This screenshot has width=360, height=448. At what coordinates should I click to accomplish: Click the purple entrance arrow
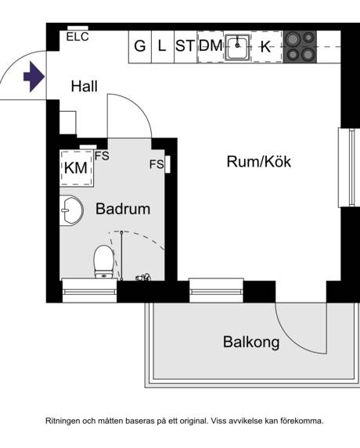tap(34, 77)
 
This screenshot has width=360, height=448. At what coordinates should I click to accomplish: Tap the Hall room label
tap(85, 87)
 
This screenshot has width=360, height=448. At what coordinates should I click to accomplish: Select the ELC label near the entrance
tap(77, 36)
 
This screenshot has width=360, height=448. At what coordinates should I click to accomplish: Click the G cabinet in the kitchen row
tap(140, 46)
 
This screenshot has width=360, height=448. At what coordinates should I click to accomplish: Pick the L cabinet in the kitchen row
tap(162, 46)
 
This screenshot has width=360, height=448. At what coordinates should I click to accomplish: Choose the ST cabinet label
tap(185, 46)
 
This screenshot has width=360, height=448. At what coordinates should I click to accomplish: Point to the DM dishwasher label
tap(210, 46)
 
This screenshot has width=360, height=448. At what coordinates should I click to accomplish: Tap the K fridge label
tap(265, 47)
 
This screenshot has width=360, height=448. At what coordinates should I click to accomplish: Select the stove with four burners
tap(300, 46)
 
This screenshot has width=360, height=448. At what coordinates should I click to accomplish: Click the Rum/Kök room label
tap(258, 162)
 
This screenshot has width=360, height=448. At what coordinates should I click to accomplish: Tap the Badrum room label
tap(122, 209)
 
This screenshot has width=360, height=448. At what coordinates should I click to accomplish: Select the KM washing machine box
tap(76, 167)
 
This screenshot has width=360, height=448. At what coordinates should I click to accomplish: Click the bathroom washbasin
tap(70, 210)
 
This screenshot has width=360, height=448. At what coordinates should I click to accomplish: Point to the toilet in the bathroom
tap(103, 260)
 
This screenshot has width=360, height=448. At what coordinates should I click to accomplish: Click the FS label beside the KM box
tap(102, 156)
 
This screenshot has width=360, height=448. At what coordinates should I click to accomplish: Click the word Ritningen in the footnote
tap(68, 421)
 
